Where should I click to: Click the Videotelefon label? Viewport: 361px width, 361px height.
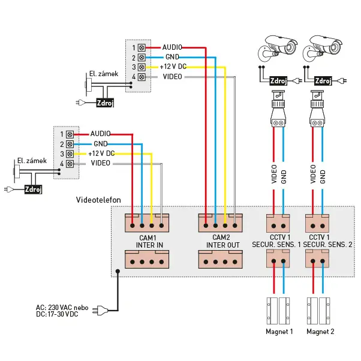(98, 199)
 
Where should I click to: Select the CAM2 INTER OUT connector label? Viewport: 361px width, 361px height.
(222, 242)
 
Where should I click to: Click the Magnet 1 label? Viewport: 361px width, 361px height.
(279, 331)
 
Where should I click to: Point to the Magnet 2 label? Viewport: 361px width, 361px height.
(320, 331)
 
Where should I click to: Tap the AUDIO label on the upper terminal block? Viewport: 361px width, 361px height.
(172, 47)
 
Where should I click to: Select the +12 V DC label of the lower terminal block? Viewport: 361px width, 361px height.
(102, 154)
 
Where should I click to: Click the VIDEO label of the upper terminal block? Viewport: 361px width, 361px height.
(173, 77)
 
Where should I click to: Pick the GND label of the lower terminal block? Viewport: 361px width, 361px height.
(100, 144)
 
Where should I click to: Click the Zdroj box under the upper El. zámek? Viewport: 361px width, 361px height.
(104, 103)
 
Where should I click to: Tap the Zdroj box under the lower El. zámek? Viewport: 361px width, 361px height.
(33, 189)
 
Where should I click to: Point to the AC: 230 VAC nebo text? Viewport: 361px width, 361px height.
(62, 307)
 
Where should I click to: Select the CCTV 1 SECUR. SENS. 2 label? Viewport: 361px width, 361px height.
(327, 242)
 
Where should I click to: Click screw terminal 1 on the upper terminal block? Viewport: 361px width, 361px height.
(142, 47)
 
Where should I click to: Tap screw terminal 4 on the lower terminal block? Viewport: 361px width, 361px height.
(70, 164)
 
